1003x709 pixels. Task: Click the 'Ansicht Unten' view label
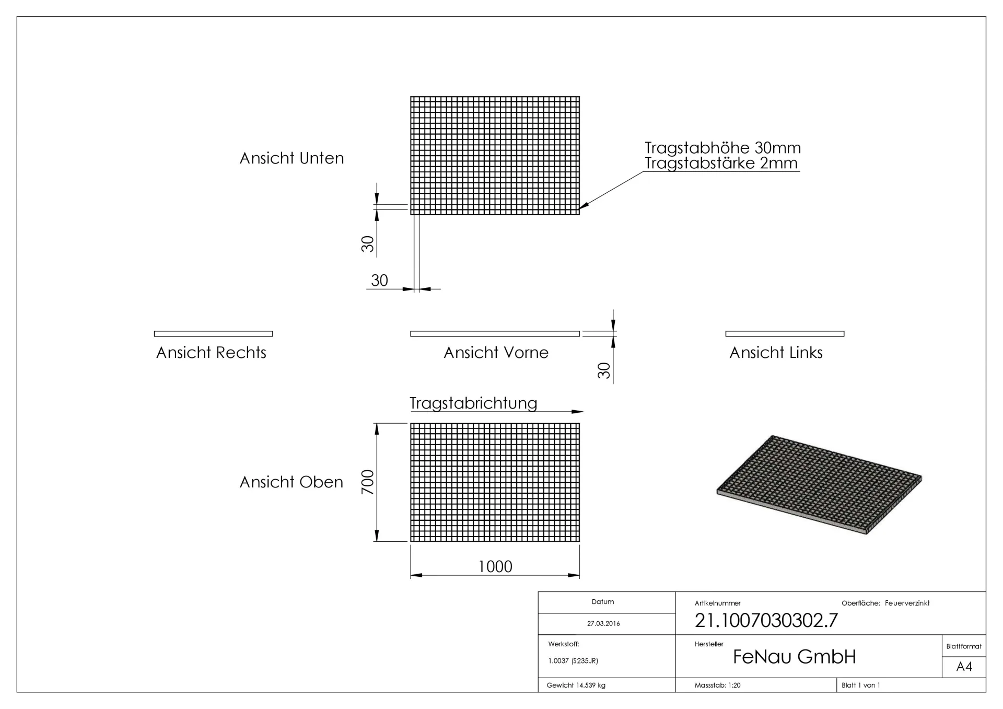click(291, 158)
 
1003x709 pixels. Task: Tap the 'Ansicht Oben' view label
click(291, 482)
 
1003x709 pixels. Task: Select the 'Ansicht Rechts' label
click(211, 353)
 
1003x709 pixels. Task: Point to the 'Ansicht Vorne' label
click(496, 353)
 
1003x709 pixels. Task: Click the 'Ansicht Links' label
click(776, 353)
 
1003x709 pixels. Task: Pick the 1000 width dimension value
click(495, 566)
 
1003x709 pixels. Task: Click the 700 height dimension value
click(368, 482)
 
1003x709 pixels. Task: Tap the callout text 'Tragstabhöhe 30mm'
click(722, 148)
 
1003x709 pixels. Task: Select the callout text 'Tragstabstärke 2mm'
click(721, 163)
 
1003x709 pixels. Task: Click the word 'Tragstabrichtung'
click(473, 403)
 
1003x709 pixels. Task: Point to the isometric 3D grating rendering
click(819, 484)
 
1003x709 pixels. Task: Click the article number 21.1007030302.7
click(766, 620)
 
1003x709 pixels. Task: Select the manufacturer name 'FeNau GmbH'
click(794, 657)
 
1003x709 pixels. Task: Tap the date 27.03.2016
click(603, 623)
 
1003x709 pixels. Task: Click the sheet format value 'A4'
click(964, 667)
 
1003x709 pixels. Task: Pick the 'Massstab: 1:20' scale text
click(717, 685)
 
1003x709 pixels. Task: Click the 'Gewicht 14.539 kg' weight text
click(576, 685)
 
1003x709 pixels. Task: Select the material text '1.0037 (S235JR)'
click(573, 661)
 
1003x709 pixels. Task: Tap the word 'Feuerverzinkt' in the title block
click(907, 603)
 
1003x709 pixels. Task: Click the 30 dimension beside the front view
click(604, 370)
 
